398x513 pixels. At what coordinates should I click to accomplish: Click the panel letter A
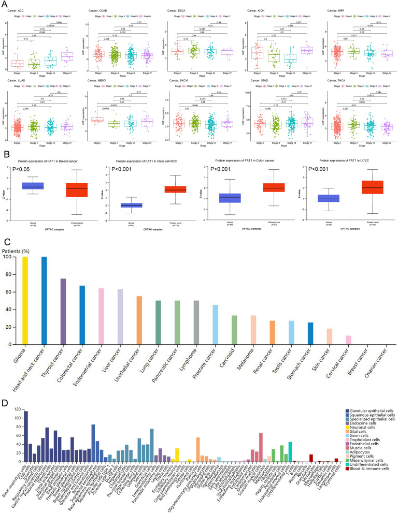pyautogui.click(x=5, y=4)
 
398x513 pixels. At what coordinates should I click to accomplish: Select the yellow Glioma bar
pyautogui.click(x=25, y=300)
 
